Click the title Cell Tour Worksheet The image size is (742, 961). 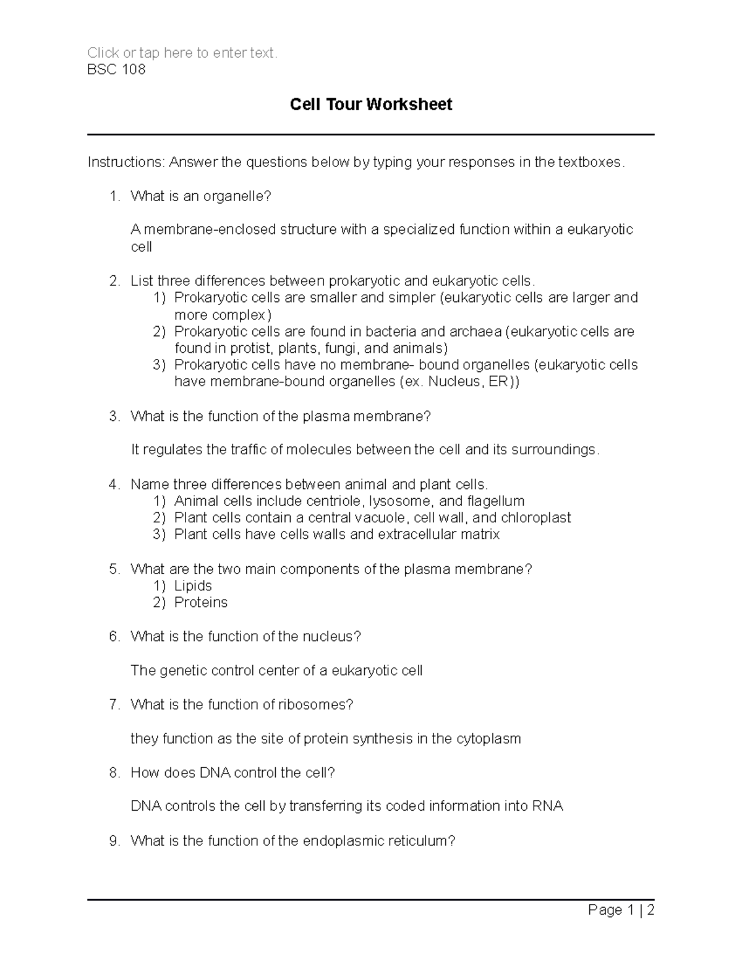pos(371,105)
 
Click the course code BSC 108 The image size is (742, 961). pos(116,69)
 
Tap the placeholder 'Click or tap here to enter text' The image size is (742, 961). pos(182,53)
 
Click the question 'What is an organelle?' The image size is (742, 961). pos(201,196)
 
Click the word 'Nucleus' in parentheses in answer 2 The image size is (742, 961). pos(454,381)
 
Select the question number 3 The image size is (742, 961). pos(114,416)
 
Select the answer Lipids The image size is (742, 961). pos(193,585)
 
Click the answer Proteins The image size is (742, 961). pos(201,602)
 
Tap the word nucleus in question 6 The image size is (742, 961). pos(331,636)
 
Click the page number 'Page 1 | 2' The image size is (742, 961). pos(621,910)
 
